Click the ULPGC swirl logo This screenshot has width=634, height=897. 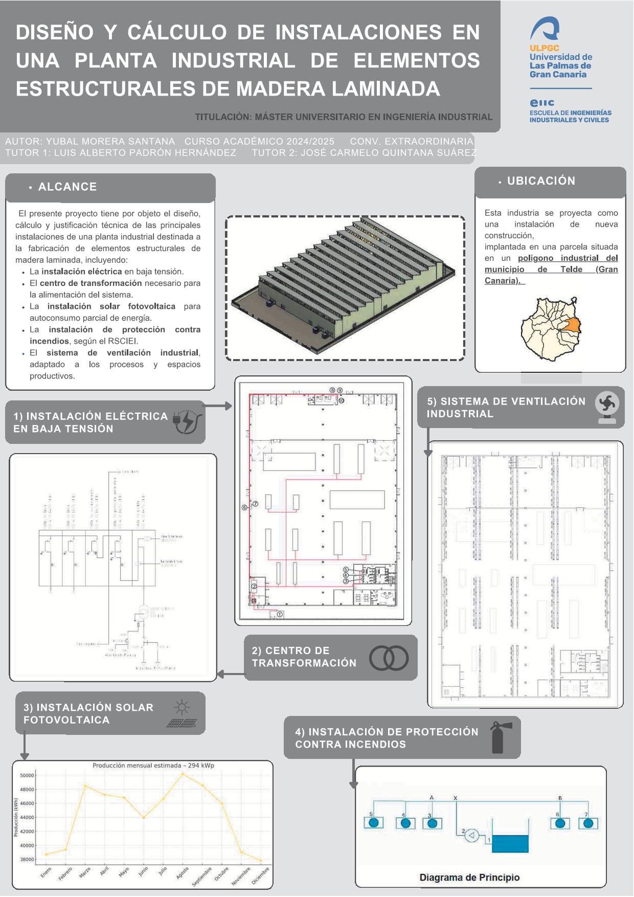coord(545,29)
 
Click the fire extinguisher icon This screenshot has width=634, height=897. coord(497,737)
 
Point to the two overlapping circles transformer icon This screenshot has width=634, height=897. coord(389,658)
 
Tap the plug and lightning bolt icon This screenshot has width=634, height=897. coord(186,422)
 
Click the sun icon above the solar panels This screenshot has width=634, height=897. coord(182,708)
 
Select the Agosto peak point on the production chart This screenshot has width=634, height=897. coord(183,774)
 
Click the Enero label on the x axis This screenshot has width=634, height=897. coord(46,872)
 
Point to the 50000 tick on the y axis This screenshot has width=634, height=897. coord(27,775)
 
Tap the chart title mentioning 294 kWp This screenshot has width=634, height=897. coord(153,766)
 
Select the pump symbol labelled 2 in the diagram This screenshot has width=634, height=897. coord(472,836)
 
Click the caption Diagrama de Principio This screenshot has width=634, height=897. coord(469,878)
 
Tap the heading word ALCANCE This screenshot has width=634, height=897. coord(67,187)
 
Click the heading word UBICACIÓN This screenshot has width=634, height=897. coord(541,181)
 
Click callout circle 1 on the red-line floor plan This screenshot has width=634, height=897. coord(280,614)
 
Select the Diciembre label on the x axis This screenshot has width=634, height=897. coord(260,876)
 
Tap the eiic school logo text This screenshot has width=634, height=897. coord(542,103)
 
